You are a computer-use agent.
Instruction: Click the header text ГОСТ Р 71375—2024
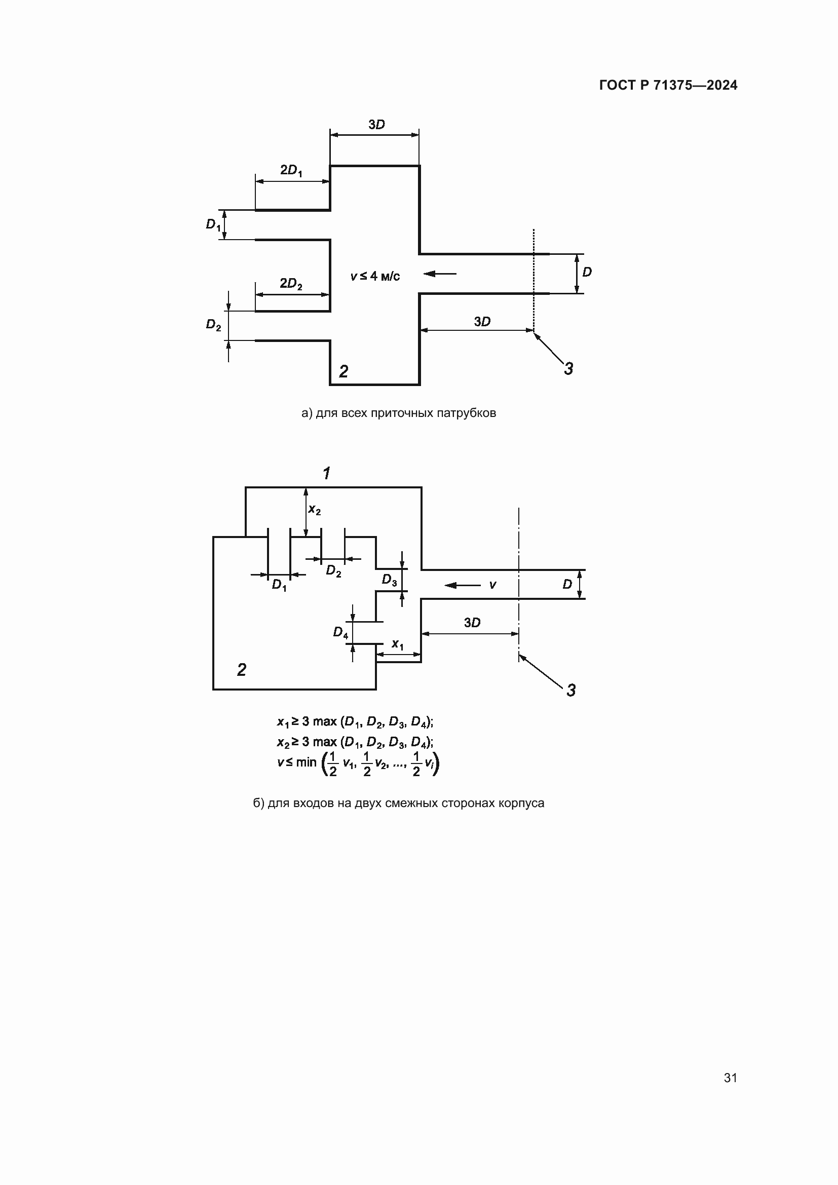[668, 85]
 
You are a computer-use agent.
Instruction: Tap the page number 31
[730, 1078]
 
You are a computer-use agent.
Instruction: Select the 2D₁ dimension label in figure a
[291, 170]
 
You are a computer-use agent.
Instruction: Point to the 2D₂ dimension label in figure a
[291, 284]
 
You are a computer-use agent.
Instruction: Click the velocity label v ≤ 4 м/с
[375, 277]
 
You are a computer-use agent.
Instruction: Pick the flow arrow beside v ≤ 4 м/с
[440, 274]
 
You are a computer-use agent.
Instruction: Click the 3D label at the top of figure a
[376, 125]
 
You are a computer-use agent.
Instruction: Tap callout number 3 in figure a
[568, 368]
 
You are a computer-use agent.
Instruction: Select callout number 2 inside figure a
[344, 370]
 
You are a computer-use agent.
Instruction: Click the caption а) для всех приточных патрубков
[398, 413]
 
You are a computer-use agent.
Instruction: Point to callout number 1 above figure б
[326, 473]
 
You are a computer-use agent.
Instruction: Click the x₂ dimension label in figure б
[314, 510]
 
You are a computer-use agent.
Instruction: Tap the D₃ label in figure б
[389, 580]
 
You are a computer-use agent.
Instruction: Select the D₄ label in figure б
[340, 632]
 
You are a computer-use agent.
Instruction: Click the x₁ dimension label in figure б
[397, 644]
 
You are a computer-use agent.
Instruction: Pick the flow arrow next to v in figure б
[463, 585]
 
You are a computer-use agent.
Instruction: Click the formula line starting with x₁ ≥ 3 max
[355, 721]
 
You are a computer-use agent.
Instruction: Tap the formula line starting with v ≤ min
[358, 764]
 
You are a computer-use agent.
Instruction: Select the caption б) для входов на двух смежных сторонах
[398, 803]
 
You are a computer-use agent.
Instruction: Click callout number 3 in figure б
[570, 690]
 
